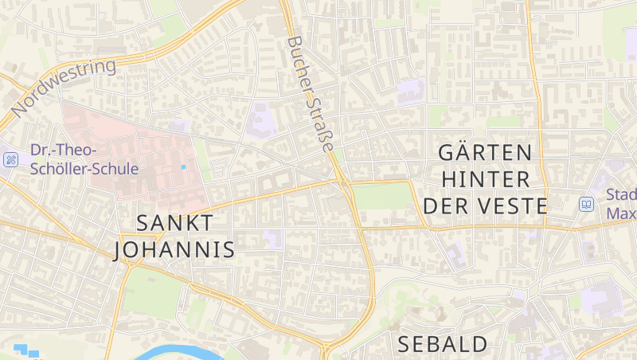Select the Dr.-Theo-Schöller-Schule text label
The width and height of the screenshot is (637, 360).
click(84, 159)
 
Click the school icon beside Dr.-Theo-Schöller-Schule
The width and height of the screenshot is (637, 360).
click(11, 159)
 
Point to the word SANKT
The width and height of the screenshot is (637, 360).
click(174, 223)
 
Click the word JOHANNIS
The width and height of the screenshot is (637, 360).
click(174, 250)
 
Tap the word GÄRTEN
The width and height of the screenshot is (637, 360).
click(485, 152)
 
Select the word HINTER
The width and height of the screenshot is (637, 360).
click(485, 179)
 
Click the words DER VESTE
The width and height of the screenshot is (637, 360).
click(485, 206)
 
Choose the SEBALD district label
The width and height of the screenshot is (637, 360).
click(443, 344)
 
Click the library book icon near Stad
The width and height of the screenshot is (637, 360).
click(587, 205)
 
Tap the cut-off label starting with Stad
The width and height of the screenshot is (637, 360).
click(621, 204)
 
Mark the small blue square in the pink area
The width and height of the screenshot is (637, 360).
click(184, 166)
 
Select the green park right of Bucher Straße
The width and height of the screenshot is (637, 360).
click(382, 196)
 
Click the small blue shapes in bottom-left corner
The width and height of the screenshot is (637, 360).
click(26, 350)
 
